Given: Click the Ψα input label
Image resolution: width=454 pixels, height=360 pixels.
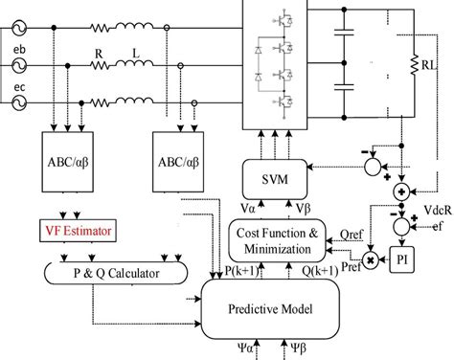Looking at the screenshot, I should [x=245, y=350].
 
